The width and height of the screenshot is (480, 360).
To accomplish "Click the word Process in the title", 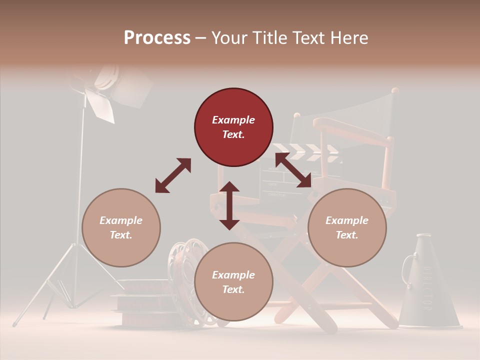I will (x=157, y=37).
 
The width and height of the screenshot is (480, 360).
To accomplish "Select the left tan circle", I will (x=121, y=227).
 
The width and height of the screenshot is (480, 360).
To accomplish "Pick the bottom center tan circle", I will (x=233, y=282).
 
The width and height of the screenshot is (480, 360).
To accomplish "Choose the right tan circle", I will (x=347, y=227).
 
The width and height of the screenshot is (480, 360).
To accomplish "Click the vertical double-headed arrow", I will (x=229, y=205).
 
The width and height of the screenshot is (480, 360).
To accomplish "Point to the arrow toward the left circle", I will (x=173, y=175).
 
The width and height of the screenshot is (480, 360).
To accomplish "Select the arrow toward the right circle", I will (x=293, y=169).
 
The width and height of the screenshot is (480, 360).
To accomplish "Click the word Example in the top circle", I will (x=233, y=120).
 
